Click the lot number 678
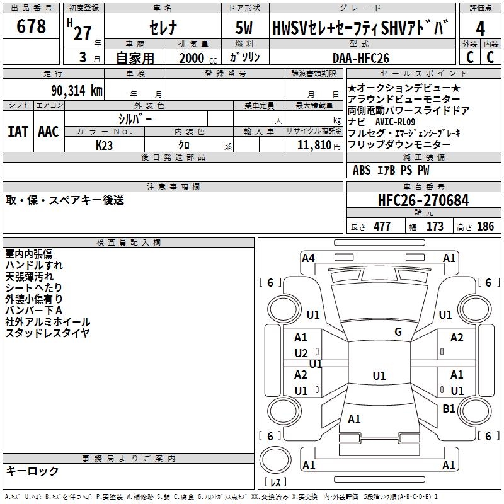31,27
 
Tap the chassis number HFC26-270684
423,200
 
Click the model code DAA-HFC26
361,58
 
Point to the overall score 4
481,28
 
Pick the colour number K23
105,146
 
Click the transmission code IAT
18,132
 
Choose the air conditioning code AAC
49,132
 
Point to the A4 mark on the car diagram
308,258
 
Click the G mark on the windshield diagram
398,332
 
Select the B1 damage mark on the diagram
449,409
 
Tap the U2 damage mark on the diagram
301,353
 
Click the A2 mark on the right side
457,338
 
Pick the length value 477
382,227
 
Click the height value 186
485,227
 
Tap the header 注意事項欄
173,187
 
